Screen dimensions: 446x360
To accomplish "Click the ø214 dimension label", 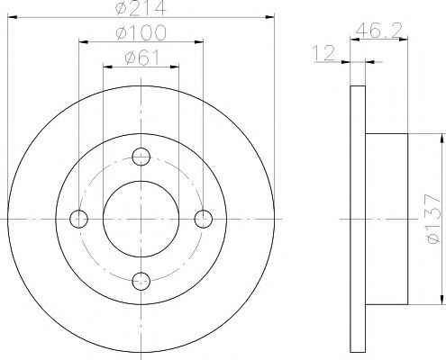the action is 141,8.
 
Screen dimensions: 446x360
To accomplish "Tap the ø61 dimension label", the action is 142,58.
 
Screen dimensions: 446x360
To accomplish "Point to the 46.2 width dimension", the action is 378,30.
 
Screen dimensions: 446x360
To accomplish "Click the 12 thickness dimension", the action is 323,53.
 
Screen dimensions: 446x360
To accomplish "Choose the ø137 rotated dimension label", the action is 433,219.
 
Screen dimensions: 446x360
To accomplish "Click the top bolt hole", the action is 141,157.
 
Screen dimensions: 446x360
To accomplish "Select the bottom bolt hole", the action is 141,281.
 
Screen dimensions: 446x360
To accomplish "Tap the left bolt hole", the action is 78,219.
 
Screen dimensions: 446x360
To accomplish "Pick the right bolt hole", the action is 204,219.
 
